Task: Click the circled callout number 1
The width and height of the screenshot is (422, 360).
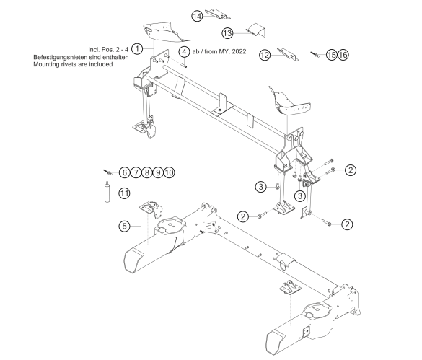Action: pos(137,49)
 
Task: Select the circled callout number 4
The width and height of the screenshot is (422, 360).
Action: pos(184,51)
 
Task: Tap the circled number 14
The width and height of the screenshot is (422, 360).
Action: pos(197,16)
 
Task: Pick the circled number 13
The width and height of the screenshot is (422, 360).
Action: pos(227,33)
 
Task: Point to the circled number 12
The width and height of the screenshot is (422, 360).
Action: pos(265,56)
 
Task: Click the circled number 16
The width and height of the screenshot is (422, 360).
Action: pos(343,55)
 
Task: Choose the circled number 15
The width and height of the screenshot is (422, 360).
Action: pos(331,55)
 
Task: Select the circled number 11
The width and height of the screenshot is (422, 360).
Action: pos(124,193)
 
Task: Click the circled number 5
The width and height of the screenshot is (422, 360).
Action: pos(124,226)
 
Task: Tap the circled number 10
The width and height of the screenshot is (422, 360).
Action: pos(169,172)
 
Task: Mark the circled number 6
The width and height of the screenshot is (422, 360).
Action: pos(124,172)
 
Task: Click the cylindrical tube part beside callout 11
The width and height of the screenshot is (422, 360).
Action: pos(107,192)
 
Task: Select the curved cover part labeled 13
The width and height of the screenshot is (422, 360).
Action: pos(256,30)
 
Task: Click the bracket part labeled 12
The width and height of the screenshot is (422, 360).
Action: pos(288,54)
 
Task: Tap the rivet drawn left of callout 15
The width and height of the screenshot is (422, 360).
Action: pos(315,54)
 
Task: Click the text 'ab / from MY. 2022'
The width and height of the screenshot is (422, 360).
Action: pos(219,51)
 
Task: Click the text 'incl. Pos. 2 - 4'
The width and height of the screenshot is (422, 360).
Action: pos(108,50)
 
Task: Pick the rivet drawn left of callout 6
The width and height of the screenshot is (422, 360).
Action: pos(107,172)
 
